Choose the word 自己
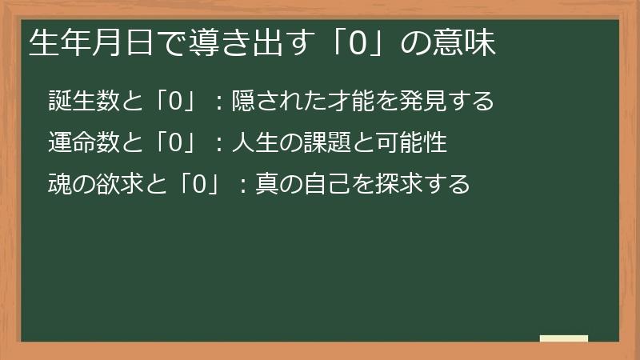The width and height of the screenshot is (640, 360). point(328,185)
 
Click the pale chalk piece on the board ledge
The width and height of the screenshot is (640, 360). point(564,339)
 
